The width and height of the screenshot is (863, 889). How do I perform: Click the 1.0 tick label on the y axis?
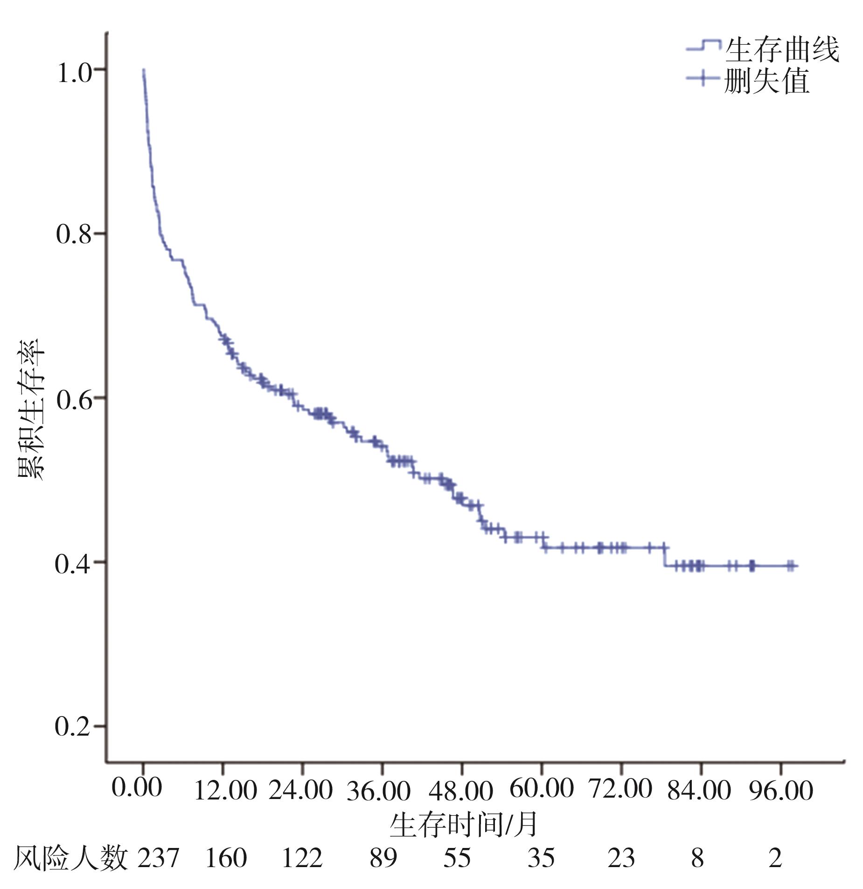(74, 74)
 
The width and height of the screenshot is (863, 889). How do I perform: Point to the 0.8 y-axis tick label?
(73, 234)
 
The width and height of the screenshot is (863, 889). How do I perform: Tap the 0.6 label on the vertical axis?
(74, 400)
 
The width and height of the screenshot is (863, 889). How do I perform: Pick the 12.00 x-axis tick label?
(225, 791)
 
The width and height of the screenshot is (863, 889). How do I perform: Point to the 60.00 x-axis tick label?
(541, 788)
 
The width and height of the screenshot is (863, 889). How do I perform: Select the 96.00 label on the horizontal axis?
(781, 791)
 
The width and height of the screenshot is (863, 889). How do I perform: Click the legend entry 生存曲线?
(782, 50)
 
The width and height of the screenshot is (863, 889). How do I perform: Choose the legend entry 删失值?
(766, 82)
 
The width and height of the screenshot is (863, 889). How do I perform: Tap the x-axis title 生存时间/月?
(464, 825)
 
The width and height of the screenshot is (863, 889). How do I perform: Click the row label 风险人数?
(70, 858)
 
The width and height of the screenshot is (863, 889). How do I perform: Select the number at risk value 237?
(158, 858)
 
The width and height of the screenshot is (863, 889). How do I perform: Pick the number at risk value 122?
(302, 858)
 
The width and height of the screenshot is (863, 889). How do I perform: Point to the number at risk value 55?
(457, 858)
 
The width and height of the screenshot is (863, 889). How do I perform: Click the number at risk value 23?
(621, 858)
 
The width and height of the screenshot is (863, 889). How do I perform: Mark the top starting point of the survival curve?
(144, 69)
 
